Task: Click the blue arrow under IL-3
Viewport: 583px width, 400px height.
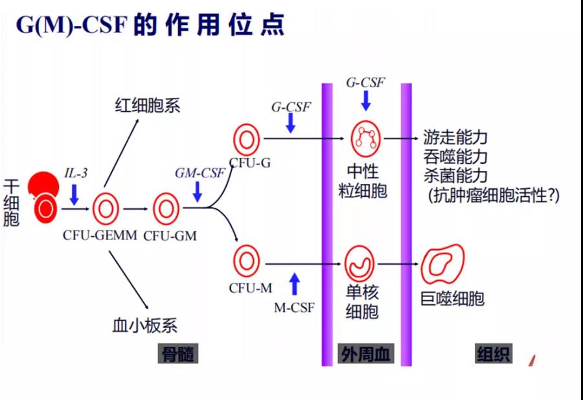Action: (74, 194)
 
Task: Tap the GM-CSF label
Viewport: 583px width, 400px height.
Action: (200, 173)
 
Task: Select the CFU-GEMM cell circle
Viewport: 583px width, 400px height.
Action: (106, 208)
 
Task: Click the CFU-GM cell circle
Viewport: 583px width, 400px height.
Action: (166, 208)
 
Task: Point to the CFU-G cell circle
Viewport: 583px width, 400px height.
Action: (246, 140)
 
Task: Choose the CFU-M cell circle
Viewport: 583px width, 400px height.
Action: (246, 261)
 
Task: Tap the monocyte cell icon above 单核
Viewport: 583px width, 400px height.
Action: (360, 261)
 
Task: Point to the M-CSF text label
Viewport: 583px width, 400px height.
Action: (294, 307)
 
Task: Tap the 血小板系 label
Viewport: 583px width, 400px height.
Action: (145, 325)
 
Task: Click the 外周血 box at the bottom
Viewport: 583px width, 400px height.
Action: (367, 354)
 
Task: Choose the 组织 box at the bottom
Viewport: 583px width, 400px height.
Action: (494, 354)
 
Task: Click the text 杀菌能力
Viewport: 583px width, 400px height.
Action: (455, 175)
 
